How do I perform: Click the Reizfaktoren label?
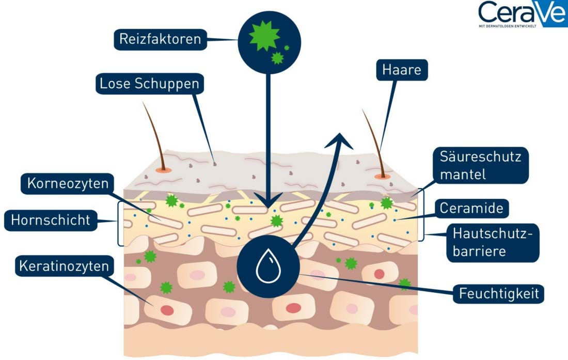point(160,39)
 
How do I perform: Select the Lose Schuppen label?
point(149,84)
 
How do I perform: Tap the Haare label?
point(402,69)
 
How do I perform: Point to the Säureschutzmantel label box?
point(480,165)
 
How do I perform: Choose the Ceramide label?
point(471,208)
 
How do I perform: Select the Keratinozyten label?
point(64,266)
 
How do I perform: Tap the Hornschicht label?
point(50,221)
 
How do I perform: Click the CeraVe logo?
point(521,11)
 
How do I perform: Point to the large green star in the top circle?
point(264,36)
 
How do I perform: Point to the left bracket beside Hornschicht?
point(120,223)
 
